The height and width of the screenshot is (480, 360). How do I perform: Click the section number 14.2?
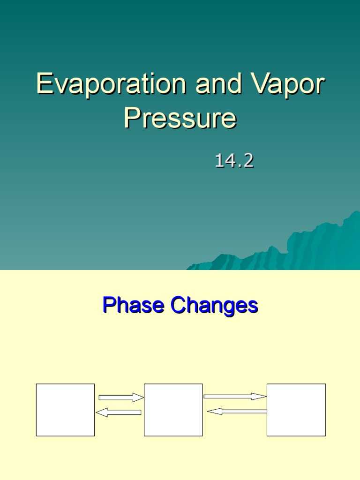pyautogui.click(x=234, y=161)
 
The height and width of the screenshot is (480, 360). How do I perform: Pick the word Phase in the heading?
pyautogui.click(x=133, y=306)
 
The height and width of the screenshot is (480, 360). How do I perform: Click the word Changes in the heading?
pyautogui.click(x=214, y=306)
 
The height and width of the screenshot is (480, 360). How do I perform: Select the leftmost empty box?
pyautogui.click(x=65, y=410)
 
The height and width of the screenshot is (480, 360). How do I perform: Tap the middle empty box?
pyautogui.click(x=173, y=410)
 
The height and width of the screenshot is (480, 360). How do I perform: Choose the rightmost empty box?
pyautogui.click(x=296, y=410)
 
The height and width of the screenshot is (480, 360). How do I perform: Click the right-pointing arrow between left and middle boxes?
pyautogui.click(x=121, y=397)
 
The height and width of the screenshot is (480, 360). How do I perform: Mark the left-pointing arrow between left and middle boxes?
pyautogui.click(x=119, y=412)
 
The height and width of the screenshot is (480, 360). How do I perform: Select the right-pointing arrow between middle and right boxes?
pyautogui.click(x=235, y=397)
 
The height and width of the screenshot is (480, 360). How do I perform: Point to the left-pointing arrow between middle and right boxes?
pyautogui.click(x=237, y=411)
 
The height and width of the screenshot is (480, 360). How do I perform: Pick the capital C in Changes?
pyautogui.click(x=179, y=306)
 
